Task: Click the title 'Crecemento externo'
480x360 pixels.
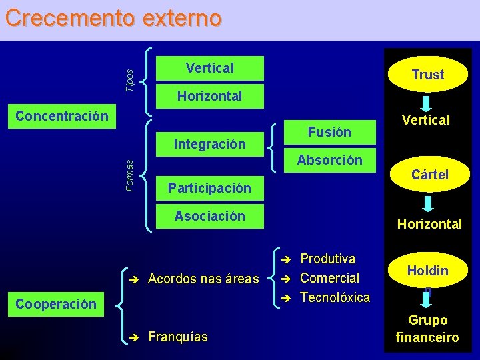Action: pos(113,18)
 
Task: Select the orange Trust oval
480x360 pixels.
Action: pos(427,75)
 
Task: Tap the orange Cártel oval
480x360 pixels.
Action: pos(429,175)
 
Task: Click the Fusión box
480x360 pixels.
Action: pos(329,132)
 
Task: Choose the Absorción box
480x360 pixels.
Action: pos(329,160)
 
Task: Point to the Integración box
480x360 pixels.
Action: pos(209,143)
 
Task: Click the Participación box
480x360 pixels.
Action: pos(209,188)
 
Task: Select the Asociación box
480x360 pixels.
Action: pos(209,216)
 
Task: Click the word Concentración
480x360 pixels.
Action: pos(61,116)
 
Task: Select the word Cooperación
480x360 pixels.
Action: pos(56,304)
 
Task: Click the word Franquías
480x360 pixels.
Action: pos(177,337)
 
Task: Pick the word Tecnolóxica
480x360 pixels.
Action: pos(335,297)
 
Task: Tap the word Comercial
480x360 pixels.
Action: pos(329,278)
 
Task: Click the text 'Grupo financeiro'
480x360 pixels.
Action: pos(427,329)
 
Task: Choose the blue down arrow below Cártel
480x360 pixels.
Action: pos(429,202)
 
